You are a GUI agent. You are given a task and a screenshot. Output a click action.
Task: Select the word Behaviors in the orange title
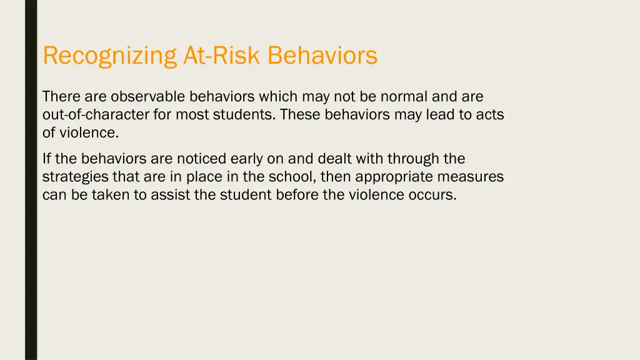coord(322,56)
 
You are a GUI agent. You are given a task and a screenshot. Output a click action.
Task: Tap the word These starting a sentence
coord(301,115)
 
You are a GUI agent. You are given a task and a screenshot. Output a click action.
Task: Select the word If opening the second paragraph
coord(47,159)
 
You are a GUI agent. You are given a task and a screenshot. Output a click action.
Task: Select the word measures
coord(473,177)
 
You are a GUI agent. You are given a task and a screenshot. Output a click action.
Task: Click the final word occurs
coord(435,195)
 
